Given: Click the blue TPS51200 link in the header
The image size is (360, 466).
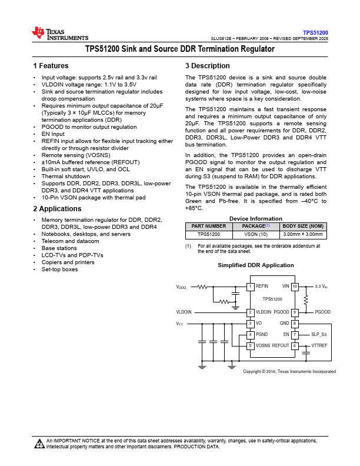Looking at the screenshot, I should coord(315,32).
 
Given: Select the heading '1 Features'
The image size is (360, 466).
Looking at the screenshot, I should coord(51,66).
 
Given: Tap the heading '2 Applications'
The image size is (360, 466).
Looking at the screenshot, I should coord(57,209).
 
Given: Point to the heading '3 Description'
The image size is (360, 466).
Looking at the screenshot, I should coord(207,66).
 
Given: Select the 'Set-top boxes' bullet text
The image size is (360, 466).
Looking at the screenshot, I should coord(59,269).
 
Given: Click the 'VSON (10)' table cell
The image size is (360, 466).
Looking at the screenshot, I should coord(255,234).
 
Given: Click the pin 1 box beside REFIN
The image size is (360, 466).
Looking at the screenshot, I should coord(250,287).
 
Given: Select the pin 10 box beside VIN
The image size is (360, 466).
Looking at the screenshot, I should coord(295,287).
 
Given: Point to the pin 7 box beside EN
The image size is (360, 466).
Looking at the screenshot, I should coord(295,335).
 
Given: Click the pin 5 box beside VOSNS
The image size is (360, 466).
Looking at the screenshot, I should coord(250,346).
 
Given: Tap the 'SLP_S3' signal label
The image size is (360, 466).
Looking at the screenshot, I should coord(319,335).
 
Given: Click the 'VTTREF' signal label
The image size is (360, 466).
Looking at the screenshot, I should coord(319,346).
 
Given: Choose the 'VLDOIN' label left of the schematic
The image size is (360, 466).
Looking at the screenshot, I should coord(184,312).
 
